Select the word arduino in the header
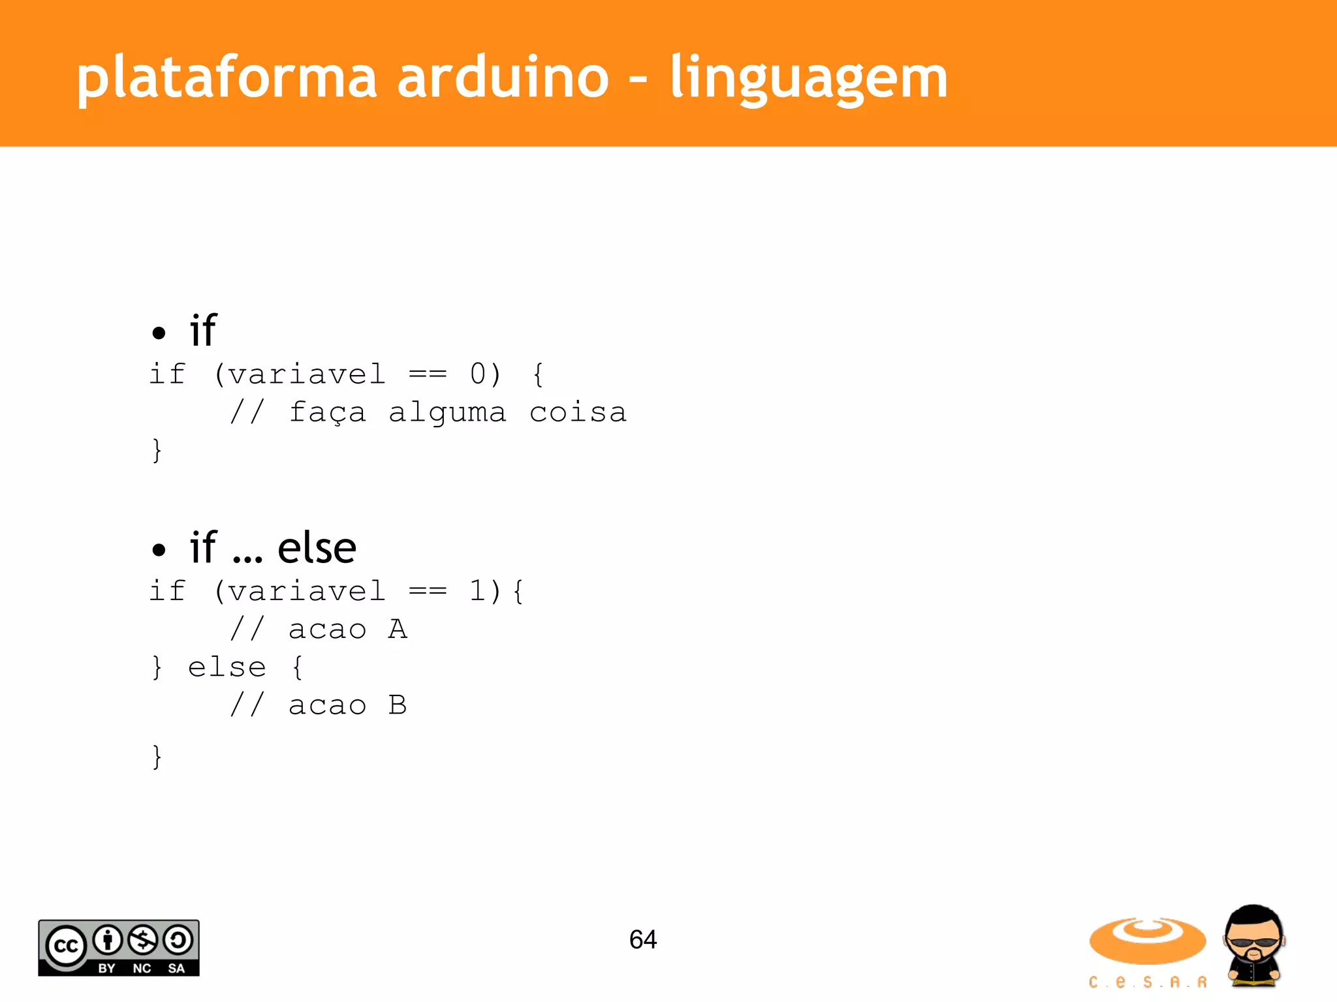(x=503, y=78)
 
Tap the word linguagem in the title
(x=809, y=78)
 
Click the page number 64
(x=642, y=939)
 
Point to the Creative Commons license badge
(x=118, y=948)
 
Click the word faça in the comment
(x=327, y=412)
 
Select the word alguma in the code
(x=447, y=412)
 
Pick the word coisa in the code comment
(x=578, y=412)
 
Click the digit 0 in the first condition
(x=478, y=374)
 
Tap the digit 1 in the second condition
(x=478, y=591)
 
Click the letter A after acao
(x=398, y=629)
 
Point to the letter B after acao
(x=398, y=705)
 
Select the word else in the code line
(x=227, y=667)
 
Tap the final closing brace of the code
(x=157, y=757)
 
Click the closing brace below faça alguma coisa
(x=157, y=450)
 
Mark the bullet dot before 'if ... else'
(x=159, y=550)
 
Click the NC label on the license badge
(x=142, y=968)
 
